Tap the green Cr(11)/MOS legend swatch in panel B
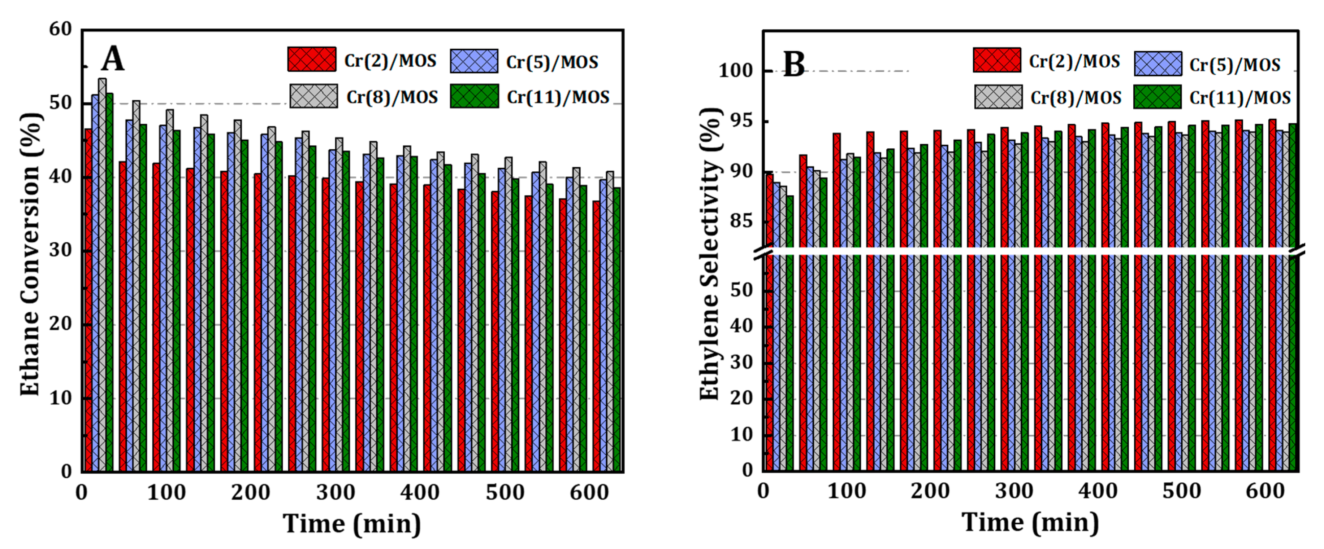1158,97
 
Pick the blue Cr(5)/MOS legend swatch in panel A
474,61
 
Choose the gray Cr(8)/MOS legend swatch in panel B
998,97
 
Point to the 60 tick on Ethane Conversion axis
61,29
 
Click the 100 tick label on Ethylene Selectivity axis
736,70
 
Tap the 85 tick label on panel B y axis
741,221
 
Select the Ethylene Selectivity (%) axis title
710,254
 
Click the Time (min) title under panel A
352,524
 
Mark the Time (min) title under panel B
1030,522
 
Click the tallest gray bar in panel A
102,275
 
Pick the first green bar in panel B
789,334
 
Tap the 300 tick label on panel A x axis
336,492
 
